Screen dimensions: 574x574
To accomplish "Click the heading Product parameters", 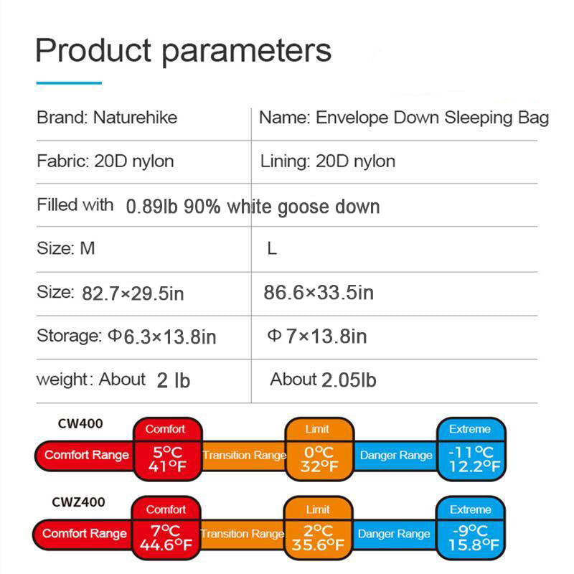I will (184, 50).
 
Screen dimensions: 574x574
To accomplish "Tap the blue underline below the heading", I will (68, 83).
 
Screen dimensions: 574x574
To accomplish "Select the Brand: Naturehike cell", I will (107, 118).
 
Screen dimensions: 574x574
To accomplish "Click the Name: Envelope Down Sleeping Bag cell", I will (403, 118).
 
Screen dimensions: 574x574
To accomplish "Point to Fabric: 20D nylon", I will (105, 161).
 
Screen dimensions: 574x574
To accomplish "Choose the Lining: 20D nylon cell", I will (327, 161).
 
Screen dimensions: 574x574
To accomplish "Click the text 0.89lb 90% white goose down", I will (253, 207).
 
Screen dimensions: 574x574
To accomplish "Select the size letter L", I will (272, 250).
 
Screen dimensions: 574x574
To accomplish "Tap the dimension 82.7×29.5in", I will (133, 293).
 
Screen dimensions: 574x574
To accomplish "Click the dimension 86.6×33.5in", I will (319, 292).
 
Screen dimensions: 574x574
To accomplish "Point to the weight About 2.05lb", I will (323, 380).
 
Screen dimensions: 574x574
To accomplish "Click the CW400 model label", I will (80, 423).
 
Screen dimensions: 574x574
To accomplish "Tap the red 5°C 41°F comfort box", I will (168, 458).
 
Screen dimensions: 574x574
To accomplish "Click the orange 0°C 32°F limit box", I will (319, 458).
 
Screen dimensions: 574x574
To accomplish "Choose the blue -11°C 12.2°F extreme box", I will (471, 458).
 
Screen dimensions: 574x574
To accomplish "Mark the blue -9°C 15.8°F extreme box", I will (471, 537).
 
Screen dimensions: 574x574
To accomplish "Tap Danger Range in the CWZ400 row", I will (394, 534).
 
